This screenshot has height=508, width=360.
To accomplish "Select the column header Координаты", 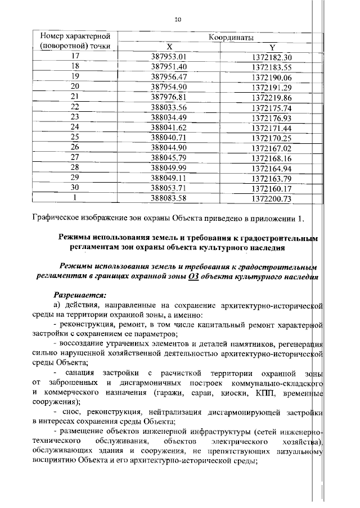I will (x=224, y=37).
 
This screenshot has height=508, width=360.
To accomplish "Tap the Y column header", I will (x=272, y=47).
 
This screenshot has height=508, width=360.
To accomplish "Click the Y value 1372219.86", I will (x=272, y=97).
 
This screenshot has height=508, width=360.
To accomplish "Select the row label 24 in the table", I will (x=75, y=127).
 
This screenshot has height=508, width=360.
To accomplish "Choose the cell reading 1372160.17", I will (x=272, y=188).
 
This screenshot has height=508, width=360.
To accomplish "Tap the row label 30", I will (x=75, y=188).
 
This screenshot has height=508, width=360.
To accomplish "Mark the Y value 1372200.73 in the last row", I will (x=272, y=198).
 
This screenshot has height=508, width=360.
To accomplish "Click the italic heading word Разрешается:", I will (x=79, y=294).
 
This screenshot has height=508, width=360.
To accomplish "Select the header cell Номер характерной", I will (x=75, y=37).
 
